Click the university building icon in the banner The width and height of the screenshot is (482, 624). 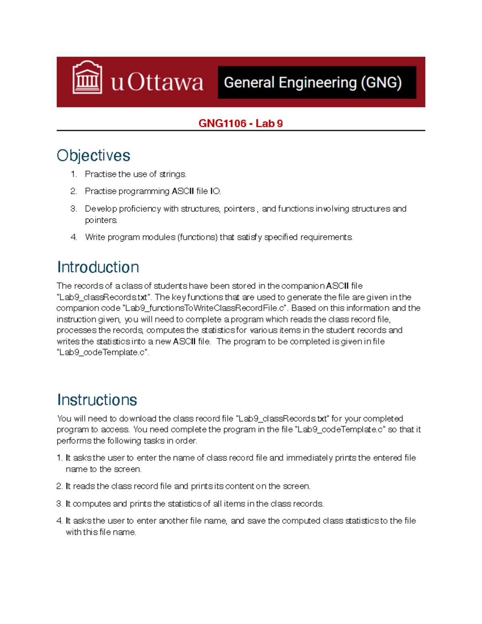point(87,78)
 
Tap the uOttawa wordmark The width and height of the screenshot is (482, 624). point(157,82)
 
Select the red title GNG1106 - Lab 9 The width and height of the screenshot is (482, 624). point(241,123)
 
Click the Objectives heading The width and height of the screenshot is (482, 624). point(93,155)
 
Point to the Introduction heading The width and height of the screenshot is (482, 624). point(98,267)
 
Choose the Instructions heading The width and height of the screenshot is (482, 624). point(97,400)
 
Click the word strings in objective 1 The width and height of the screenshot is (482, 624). point(173,174)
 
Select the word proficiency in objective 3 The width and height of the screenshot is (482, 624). point(139,209)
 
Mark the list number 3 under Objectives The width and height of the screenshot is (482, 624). point(73,209)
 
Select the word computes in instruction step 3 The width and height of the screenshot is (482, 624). point(91,504)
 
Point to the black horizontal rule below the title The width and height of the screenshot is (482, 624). point(241,131)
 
